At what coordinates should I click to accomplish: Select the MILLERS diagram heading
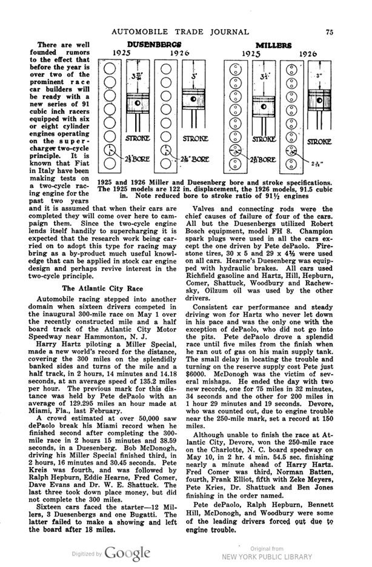point(272,45)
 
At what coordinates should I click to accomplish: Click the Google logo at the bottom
point(127,552)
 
